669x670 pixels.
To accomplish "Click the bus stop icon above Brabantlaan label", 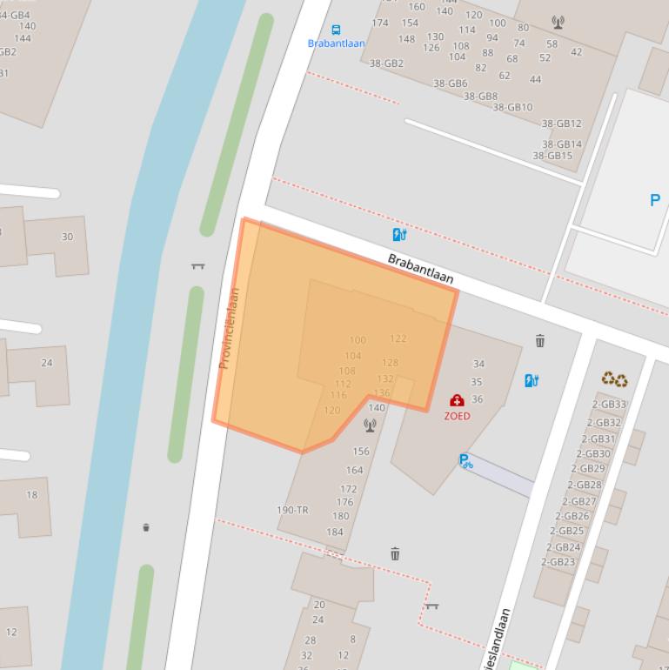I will click(336, 30).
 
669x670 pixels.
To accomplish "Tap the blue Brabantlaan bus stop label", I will click(336, 43).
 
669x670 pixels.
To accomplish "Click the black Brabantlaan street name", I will click(421, 269).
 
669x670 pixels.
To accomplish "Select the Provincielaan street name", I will click(229, 328).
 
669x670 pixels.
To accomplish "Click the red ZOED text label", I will click(457, 416).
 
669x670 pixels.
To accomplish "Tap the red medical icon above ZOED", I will click(457, 401).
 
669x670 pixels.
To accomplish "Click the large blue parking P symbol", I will click(655, 200).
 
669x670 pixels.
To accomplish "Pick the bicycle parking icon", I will click(466, 461).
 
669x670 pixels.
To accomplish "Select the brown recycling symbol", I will click(614, 379).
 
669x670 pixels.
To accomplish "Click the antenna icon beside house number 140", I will click(370, 425).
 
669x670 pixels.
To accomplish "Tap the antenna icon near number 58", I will click(558, 23).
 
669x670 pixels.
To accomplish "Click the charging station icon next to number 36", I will click(532, 380).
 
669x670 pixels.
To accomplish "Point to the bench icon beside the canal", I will click(197, 265).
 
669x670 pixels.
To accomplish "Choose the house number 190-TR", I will click(292, 510).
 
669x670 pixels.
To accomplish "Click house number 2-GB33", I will click(609, 405).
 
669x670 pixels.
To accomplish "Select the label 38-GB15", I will click(552, 156).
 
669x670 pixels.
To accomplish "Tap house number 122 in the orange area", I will click(398, 338).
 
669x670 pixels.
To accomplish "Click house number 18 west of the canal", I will click(32, 495).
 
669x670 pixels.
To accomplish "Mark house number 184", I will click(334, 532).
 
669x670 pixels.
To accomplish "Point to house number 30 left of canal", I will click(67, 237).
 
